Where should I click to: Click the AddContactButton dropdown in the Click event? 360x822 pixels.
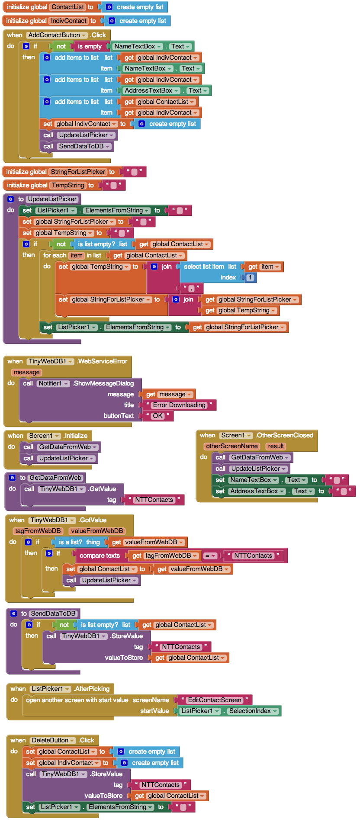coord(57,35)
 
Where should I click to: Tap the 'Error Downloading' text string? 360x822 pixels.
coord(179,405)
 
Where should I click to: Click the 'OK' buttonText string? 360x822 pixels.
coord(157,416)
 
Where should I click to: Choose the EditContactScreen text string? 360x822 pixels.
coord(215,700)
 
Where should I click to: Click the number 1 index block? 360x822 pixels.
coord(250,277)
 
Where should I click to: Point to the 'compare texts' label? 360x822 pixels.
coord(100,555)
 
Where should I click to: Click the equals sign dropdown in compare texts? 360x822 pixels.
coord(209,555)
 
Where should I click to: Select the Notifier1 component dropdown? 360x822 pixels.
coord(53,383)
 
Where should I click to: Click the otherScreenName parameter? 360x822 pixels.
coord(231,446)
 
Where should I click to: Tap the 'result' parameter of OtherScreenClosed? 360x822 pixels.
coord(276,446)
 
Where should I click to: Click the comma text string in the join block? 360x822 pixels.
coord(191,288)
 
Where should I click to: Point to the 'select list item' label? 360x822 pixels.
coord(204,267)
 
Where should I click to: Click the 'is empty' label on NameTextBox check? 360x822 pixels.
coord(90,46)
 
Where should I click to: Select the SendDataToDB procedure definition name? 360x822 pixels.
coord(53,613)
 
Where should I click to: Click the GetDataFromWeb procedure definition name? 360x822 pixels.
coord(55,478)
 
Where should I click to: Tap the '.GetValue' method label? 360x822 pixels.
coord(102,489)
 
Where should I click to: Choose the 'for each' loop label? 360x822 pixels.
coord(55,255)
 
